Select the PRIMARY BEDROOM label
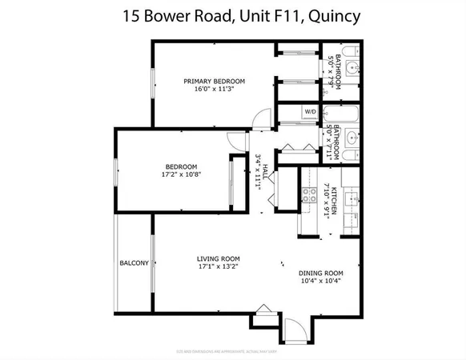pos(214,81)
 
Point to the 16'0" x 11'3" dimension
pos(214,90)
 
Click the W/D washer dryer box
pos(310,111)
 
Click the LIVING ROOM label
pos(219,258)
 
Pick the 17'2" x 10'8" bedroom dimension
pos(176,175)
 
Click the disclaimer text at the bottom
pos(232,350)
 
